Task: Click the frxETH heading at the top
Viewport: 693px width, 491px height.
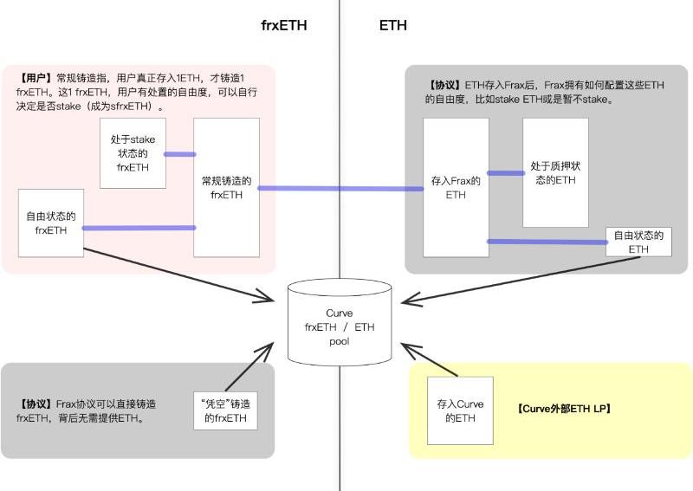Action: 284,25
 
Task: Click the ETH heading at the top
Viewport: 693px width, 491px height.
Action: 393,25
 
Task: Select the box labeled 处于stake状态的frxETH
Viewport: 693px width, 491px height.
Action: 133,153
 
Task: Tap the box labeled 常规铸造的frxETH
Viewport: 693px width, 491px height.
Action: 226,187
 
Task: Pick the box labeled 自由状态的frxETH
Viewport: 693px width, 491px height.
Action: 51,223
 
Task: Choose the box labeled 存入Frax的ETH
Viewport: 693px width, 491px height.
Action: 456,187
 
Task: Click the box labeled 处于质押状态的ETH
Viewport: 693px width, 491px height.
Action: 555,172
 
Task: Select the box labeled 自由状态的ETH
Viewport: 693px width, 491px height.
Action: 638,242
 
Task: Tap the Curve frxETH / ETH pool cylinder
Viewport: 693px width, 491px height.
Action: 340,322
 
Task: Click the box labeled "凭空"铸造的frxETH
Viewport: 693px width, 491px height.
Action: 225,410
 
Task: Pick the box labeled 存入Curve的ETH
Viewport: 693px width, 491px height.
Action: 460,410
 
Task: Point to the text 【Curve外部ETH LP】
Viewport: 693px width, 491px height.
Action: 564,409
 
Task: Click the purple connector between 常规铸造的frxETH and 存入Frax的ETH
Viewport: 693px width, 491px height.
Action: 340,188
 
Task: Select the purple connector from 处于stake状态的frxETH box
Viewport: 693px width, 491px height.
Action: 180,154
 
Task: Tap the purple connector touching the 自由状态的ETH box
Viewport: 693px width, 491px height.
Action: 547,242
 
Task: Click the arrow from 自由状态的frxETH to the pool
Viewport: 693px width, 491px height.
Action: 178,275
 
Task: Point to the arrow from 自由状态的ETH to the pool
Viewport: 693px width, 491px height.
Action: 521,281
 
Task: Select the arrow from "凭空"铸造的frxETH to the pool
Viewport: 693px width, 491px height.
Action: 249,367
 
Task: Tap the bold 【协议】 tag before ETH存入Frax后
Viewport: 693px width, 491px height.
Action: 444,85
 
